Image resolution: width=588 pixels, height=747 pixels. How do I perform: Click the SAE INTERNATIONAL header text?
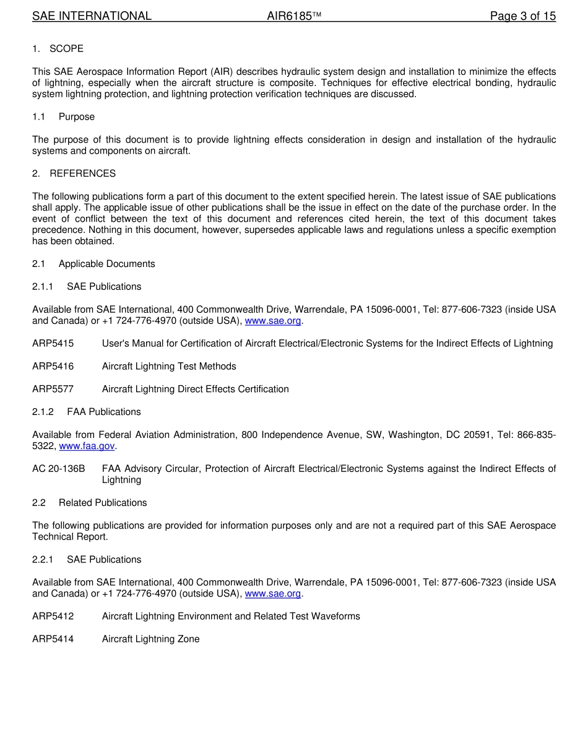[92, 16]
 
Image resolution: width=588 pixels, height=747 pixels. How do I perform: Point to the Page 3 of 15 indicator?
[522, 16]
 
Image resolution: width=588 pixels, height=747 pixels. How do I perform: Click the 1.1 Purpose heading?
[63, 117]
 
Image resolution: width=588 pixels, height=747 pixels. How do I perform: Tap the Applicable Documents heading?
[93, 264]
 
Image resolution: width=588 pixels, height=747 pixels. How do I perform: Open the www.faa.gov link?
[87, 446]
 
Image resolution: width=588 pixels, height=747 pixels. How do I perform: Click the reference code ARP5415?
[53, 344]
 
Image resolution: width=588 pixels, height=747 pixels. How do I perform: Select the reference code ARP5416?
[53, 367]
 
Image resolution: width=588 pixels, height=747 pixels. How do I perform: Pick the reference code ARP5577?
[53, 390]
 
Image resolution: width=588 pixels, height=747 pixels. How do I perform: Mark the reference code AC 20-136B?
[58, 469]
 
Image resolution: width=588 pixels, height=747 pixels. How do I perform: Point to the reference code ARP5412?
[53, 616]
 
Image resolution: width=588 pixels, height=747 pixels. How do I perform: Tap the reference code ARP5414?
[53, 639]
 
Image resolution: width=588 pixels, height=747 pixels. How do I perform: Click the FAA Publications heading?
[87, 412]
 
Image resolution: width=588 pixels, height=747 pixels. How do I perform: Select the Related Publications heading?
[90, 503]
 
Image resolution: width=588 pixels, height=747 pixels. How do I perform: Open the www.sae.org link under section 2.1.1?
[273, 321]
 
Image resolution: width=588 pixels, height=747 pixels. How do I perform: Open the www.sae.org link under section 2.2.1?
[273, 593]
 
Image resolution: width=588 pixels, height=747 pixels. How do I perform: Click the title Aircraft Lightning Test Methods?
[169, 367]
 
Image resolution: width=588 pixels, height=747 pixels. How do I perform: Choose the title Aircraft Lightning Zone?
[150, 639]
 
